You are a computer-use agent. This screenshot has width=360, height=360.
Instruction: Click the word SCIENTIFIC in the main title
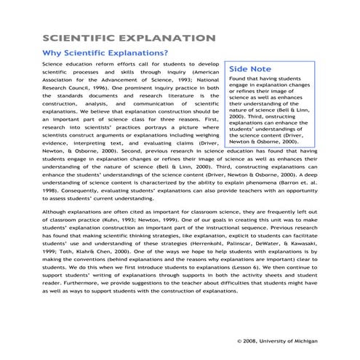(x=79, y=38)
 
